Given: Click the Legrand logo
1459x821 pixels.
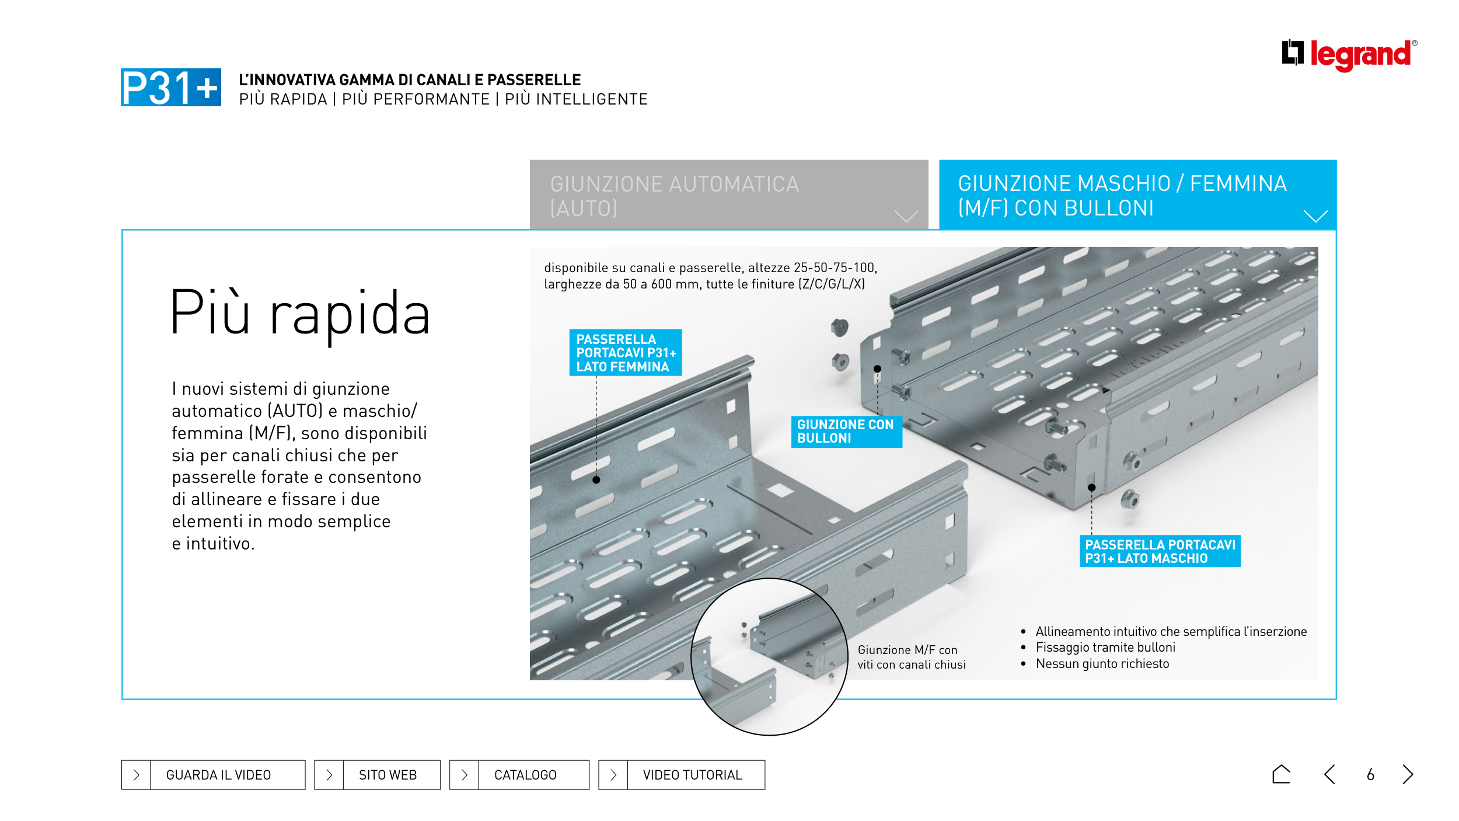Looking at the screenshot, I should tap(1349, 54).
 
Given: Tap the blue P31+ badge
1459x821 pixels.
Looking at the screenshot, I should tap(170, 88).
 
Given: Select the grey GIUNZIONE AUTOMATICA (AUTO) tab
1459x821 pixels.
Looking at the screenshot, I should tap(728, 195).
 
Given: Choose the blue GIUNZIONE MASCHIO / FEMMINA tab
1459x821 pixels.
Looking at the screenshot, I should tap(1137, 195).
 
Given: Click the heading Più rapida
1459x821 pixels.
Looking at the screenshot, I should tap(300, 314).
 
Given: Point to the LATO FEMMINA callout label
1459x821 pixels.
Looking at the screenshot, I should tap(625, 353).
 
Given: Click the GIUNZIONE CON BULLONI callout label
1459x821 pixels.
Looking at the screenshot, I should tap(846, 432).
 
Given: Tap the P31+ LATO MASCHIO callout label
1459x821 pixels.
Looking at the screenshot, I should tap(1160, 551).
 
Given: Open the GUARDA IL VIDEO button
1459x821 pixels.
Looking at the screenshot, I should tap(213, 775).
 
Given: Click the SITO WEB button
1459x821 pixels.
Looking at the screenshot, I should tap(377, 775).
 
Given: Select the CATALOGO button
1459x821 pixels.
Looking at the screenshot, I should tap(519, 775).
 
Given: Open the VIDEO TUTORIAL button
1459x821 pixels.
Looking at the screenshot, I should tap(681, 775).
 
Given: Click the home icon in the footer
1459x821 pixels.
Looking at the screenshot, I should tap(1281, 774).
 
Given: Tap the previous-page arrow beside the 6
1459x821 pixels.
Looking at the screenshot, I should tap(1330, 774).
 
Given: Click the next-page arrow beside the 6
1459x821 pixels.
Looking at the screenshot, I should tap(1408, 774).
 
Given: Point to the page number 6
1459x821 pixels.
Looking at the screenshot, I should tap(1370, 775).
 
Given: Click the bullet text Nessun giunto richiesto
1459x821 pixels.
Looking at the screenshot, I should tap(1102, 664).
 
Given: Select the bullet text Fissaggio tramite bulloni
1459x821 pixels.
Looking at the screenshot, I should tap(1105, 648).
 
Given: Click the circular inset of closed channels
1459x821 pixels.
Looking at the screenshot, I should tap(769, 657).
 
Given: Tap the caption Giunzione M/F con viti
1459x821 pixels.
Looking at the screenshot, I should tap(911, 657).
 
